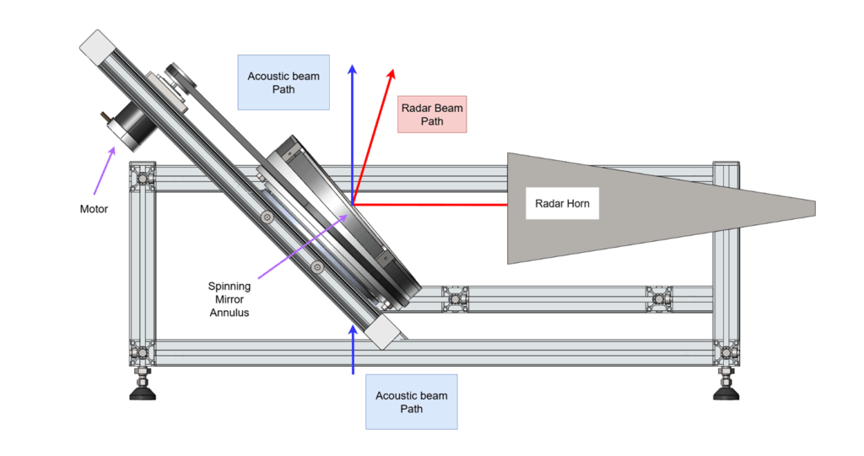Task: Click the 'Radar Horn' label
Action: (562, 203)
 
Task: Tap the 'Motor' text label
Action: (94, 209)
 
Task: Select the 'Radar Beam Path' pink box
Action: (432, 115)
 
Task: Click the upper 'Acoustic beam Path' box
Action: (283, 83)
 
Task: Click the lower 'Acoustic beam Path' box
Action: (412, 402)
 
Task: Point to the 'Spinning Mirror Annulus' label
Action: (229, 299)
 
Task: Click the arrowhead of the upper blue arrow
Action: (352, 69)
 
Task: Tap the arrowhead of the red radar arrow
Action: (391, 74)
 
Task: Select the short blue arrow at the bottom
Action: (354, 350)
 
